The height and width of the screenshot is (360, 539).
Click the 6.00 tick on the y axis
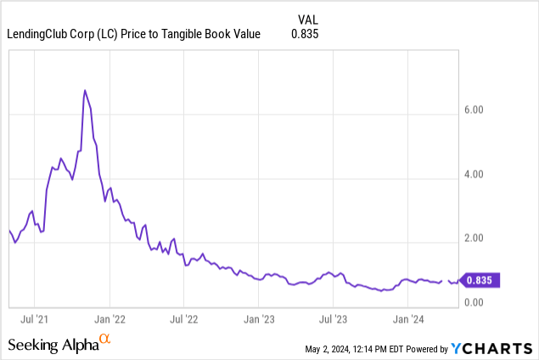point(474,110)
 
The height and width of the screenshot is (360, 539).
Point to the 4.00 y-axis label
point(474,175)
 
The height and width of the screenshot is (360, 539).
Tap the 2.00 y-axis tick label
point(474,239)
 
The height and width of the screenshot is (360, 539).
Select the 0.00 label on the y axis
point(474,303)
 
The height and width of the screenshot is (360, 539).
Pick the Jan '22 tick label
point(109,319)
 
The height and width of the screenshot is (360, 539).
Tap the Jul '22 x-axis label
point(184,319)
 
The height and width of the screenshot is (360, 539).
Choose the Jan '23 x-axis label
point(259,319)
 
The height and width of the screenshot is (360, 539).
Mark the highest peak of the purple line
point(84,90)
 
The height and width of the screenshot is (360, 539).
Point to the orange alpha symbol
point(105,340)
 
